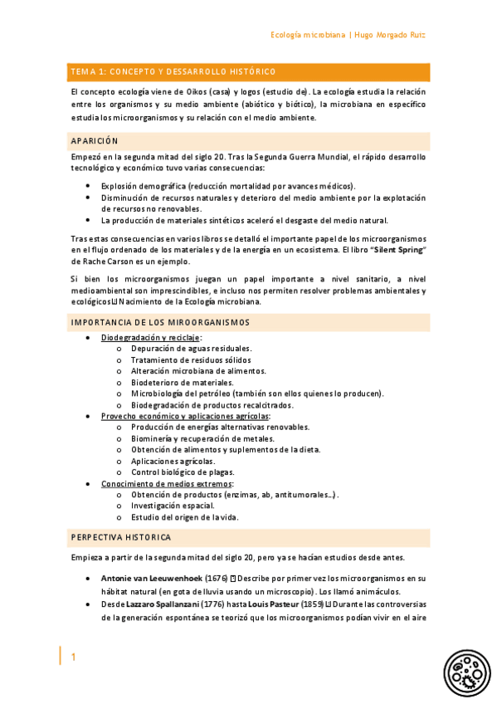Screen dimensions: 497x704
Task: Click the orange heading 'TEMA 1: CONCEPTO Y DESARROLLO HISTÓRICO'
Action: point(173,72)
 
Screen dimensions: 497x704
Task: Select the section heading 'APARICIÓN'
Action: point(95,141)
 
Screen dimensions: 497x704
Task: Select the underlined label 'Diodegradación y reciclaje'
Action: point(151,338)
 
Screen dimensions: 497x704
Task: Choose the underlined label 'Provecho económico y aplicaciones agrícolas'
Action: point(185,416)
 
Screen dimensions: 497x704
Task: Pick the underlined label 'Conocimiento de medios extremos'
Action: point(167,483)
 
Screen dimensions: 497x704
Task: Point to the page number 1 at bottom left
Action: point(73,658)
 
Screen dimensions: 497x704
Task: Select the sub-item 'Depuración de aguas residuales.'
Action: point(192,349)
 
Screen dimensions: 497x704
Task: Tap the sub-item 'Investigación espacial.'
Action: point(173,506)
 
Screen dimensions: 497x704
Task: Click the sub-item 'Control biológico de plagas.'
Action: point(182,472)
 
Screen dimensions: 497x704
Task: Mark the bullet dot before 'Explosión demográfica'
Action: point(89,186)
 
